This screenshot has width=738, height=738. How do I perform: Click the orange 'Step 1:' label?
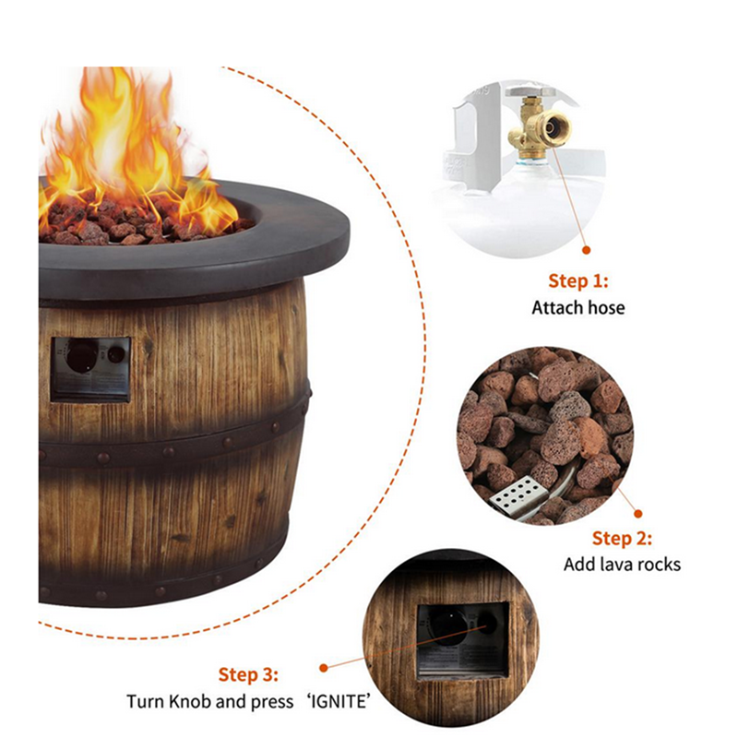point(578,281)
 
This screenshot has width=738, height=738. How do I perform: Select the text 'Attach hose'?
point(577,307)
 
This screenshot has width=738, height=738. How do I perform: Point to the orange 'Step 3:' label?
point(248,674)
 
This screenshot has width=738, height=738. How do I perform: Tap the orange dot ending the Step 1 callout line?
point(585,248)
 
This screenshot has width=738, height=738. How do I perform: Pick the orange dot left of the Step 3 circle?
point(323,667)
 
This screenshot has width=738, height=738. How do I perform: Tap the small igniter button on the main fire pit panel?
point(115,353)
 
